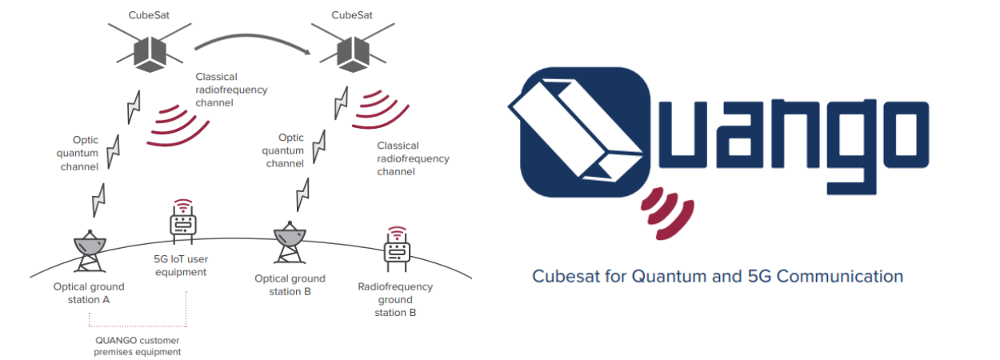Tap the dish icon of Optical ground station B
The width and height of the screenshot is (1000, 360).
pyautogui.click(x=290, y=240)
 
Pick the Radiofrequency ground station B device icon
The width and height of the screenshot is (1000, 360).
pyautogui.click(x=397, y=250)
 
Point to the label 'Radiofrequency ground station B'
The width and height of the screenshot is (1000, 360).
pyautogui.click(x=395, y=299)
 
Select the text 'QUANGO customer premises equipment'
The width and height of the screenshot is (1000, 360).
pyautogui.click(x=138, y=345)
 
